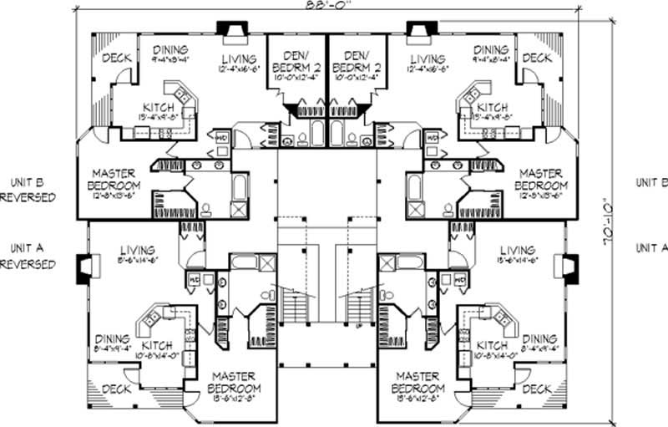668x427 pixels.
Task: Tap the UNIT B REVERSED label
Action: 28,190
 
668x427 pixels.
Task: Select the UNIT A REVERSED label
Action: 28,256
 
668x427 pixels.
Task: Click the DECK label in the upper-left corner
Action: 114,58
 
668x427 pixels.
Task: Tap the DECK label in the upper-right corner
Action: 536,58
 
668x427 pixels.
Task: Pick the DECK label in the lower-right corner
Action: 536,389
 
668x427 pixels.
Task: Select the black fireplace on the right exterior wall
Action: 571,267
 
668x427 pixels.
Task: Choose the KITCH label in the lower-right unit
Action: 491,346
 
